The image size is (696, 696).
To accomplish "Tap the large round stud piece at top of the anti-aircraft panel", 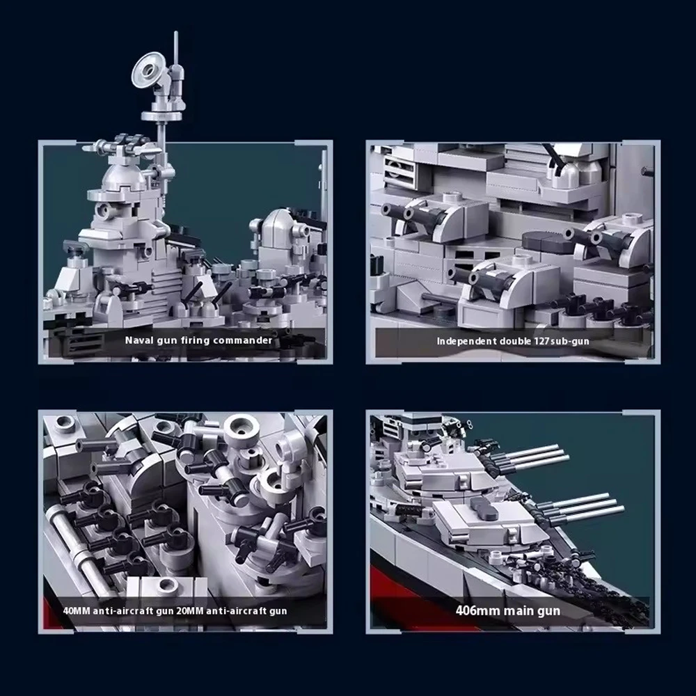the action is coord(242,432).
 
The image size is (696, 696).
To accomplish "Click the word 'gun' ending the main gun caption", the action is coord(548,612).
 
